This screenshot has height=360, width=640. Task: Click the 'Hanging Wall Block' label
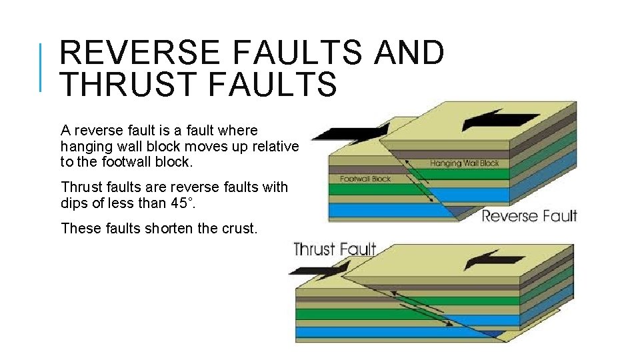coord(464,163)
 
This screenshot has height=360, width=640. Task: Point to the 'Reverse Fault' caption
coord(529,215)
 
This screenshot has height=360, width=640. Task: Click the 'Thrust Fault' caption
coord(335,250)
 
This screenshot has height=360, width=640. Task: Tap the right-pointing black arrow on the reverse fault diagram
coord(347,133)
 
